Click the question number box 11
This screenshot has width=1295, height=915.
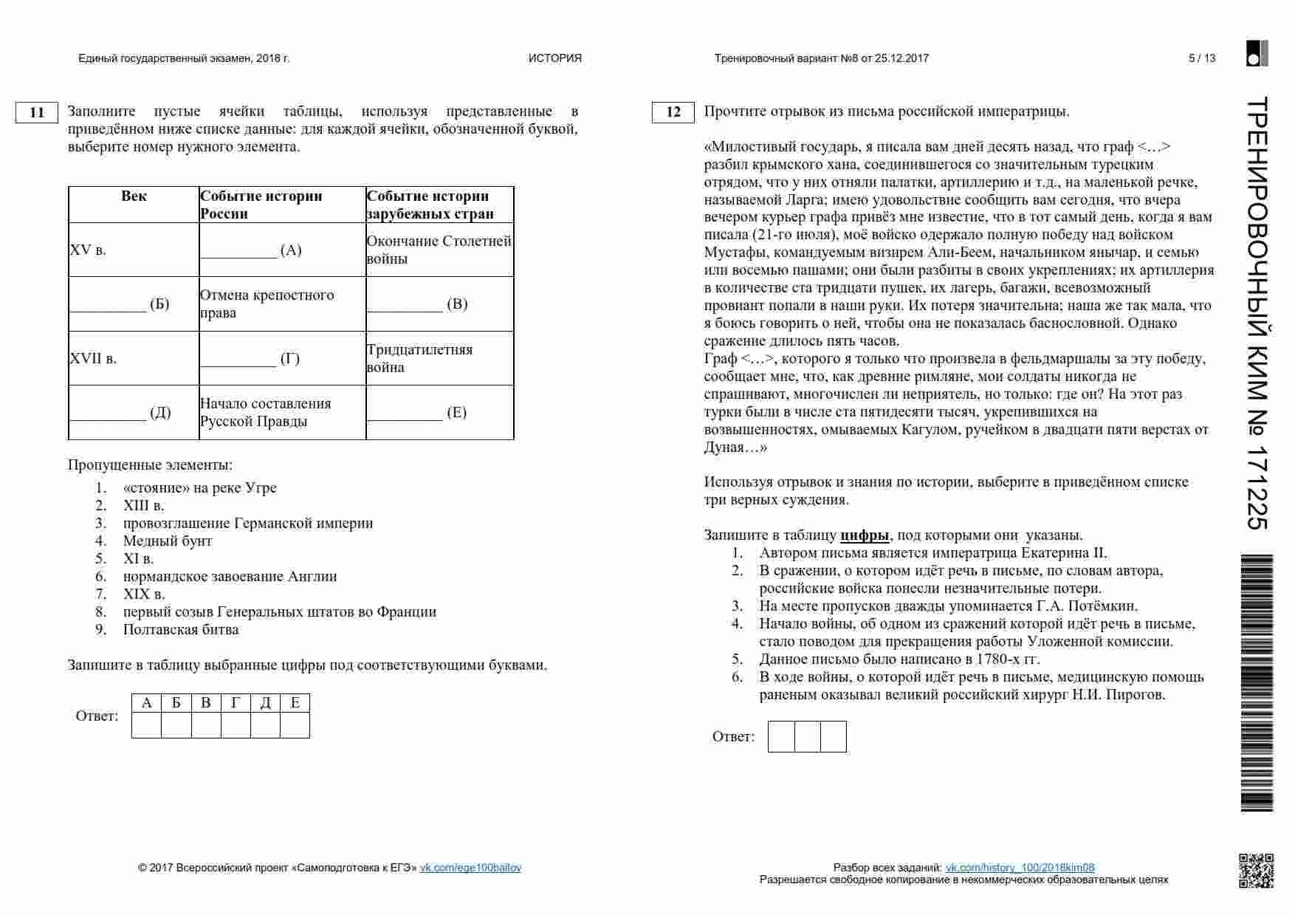tap(37, 112)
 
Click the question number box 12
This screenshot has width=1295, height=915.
tap(673, 112)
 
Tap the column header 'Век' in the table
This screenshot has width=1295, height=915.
tap(134, 196)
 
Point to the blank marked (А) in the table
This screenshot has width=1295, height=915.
tap(238, 250)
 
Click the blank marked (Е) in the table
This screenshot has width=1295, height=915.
tap(405, 413)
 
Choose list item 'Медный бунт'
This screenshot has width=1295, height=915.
tap(168, 541)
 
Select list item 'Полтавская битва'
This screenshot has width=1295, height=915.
tap(181, 630)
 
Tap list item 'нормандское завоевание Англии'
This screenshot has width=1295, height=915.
tap(230, 577)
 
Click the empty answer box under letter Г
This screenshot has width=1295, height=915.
tap(236, 725)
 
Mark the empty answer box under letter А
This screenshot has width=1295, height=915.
tap(146, 725)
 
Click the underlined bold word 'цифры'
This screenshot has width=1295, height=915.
tap(865, 535)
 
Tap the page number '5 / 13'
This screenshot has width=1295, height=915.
tap(1202, 58)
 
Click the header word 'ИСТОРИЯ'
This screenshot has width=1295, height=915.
tap(555, 58)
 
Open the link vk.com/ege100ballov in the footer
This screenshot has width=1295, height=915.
tap(470, 868)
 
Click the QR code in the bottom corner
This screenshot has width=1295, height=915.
tap(1255, 870)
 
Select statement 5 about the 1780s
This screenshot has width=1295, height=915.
tap(899, 659)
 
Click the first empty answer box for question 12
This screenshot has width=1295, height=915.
tap(781, 737)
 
